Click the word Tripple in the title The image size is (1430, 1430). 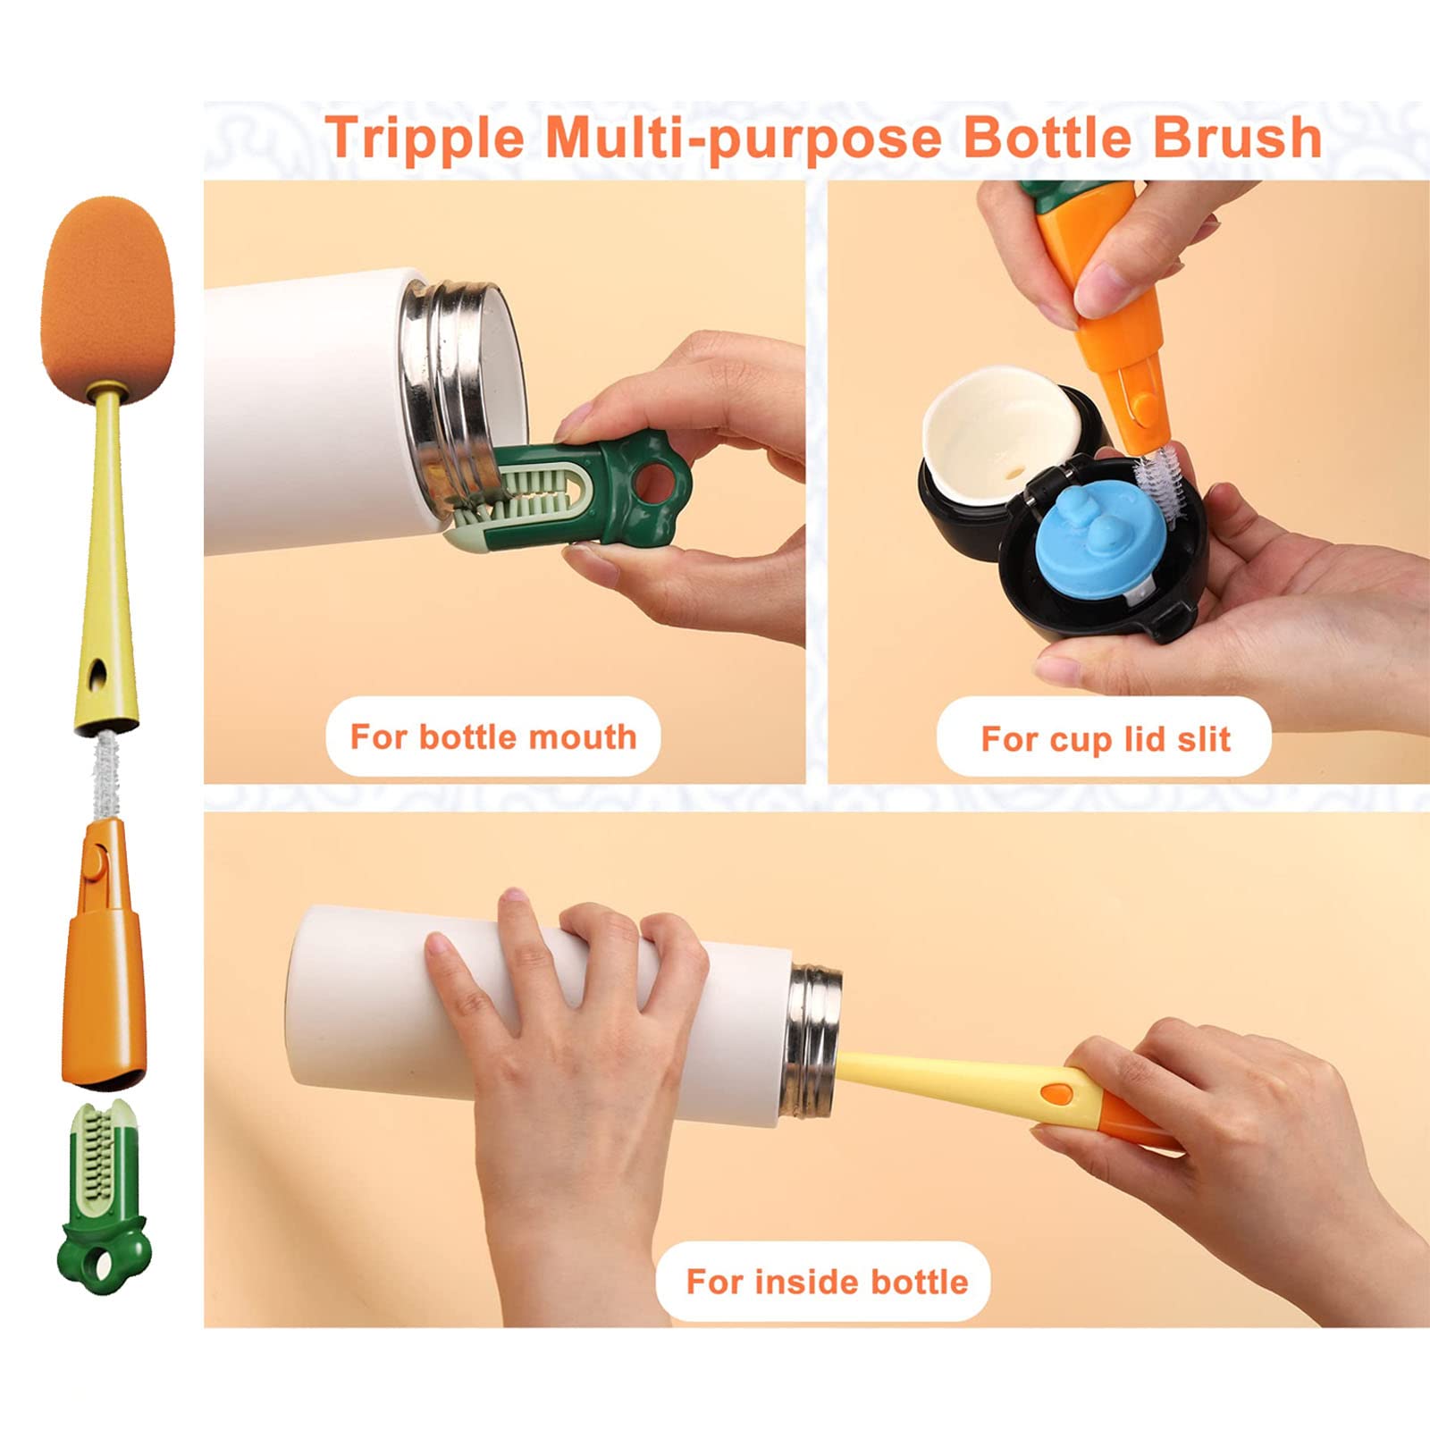click(x=425, y=138)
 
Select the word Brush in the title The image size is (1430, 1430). click(x=1237, y=137)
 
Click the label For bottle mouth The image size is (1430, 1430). click(x=493, y=737)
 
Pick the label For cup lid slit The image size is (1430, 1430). click(x=1106, y=739)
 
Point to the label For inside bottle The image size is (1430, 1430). click(x=827, y=1282)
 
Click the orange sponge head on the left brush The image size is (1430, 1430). click(x=107, y=293)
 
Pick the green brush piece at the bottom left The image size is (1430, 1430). click(x=104, y=1198)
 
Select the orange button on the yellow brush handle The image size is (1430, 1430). click(x=1057, y=1092)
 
